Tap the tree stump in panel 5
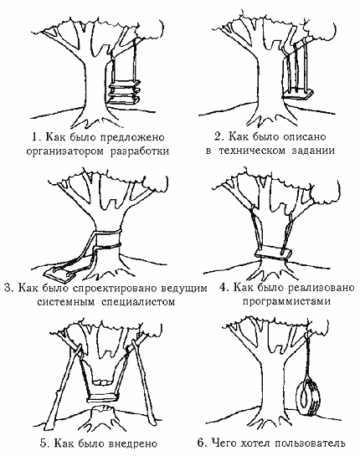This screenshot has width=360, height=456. [x=104, y=412]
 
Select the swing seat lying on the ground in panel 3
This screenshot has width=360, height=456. [x=60, y=274]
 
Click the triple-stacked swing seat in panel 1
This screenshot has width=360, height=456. [x=123, y=93]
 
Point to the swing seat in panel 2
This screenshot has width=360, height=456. [x=299, y=95]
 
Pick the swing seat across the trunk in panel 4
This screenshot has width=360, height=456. [x=273, y=252]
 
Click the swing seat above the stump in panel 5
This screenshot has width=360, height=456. [x=104, y=397]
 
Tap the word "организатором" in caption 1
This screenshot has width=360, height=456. [x=64, y=151]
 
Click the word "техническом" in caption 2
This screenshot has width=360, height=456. [x=252, y=151]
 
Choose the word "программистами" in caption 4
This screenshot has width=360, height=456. [x=286, y=301]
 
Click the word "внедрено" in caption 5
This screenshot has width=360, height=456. [x=133, y=443]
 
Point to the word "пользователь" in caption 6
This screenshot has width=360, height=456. [x=311, y=443]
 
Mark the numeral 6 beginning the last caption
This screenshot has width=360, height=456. [x=200, y=443]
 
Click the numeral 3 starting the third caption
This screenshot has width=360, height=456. [x=8, y=288]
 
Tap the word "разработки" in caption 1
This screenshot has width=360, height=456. [x=140, y=151]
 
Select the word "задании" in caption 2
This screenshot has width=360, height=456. [x=313, y=151]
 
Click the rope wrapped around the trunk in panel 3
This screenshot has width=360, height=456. [x=108, y=239]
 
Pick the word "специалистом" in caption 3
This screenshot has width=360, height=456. [x=138, y=302]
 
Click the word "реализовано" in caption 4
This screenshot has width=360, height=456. [x=321, y=288]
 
